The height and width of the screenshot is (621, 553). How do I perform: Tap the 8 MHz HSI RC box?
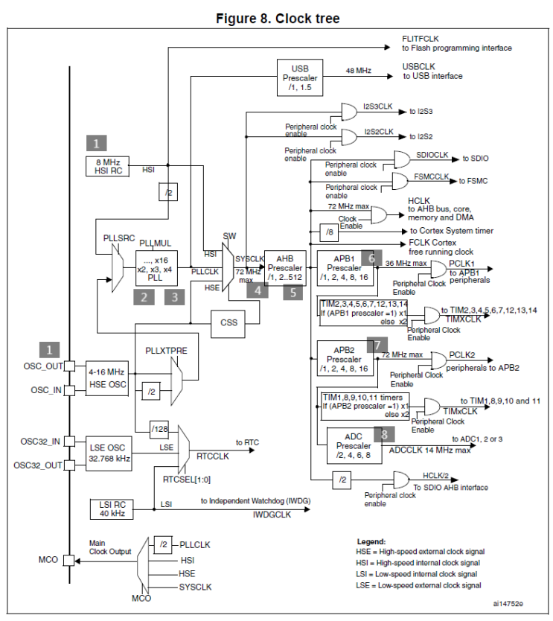tap(109, 166)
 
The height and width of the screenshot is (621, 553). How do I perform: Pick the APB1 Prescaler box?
tap(343, 269)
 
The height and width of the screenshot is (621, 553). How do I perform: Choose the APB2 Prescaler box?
tap(343, 359)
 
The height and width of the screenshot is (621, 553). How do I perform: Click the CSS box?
tap(228, 324)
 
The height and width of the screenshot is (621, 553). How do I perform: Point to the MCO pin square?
tap(69, 561)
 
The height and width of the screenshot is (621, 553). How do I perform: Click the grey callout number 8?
tap(385, 434)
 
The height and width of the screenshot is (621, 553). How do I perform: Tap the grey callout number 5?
tap(293, 292)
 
